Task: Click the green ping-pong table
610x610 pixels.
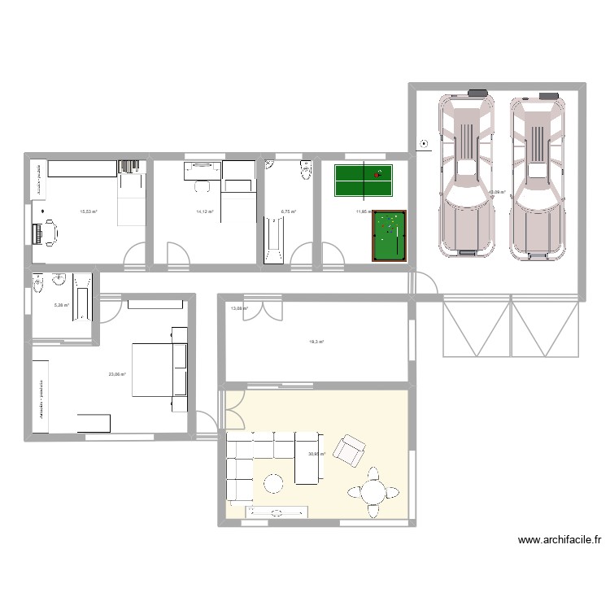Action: click(x=364, y=181)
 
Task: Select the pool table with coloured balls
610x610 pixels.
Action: click(x=389, y=237)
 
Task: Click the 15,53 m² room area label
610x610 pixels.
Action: click(x=88, y=211)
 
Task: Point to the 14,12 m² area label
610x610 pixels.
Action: click(x=204, y=211)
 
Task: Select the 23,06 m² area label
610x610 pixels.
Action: click(x=117, y=374)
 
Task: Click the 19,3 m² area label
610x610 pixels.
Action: click(x=316, y=342)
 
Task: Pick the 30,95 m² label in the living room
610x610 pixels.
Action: click(x=316, y=455)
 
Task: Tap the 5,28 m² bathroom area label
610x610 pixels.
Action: click(x=62, y=306)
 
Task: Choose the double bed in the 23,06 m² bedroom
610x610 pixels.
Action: click(x=159, y=369)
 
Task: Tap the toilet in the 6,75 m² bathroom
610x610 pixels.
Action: click(x=306, y=171)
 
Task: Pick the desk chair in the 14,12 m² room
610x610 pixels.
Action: click(x=202, y=186)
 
